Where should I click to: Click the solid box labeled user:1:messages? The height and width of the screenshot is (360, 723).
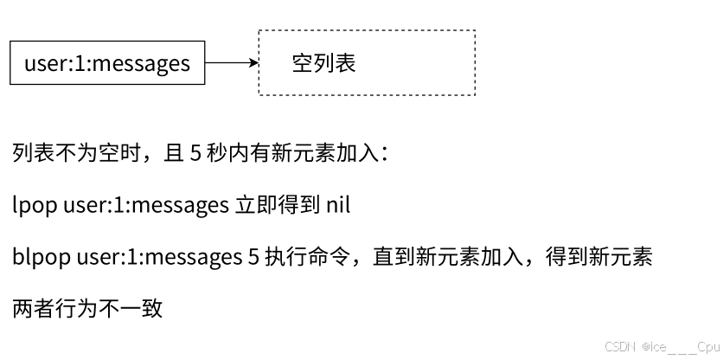(107, 63)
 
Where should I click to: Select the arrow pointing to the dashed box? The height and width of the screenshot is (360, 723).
(232, 63)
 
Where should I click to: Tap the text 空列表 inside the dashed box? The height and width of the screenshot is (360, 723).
(323, 63)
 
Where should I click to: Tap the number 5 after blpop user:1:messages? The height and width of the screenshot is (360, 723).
(253, 257)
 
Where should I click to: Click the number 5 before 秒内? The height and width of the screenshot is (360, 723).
(195, 154)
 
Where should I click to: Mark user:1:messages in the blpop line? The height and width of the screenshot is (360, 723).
(158, 257)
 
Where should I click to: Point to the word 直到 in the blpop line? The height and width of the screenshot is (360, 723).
(393, 257)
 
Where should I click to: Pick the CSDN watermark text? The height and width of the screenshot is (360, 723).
(621, 346)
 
